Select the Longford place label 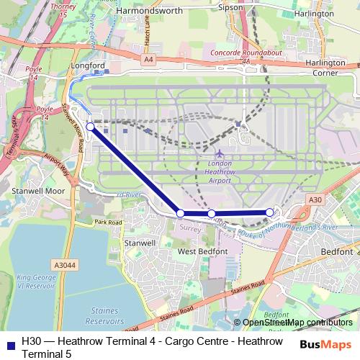pyautogui.click(x=88, y=64)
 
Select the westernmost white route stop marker pyautogui.click(x=90, y=127)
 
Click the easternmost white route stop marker pyautogui.click(x=269, y=212)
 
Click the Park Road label pyautogui.click(x=108, y=223)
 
